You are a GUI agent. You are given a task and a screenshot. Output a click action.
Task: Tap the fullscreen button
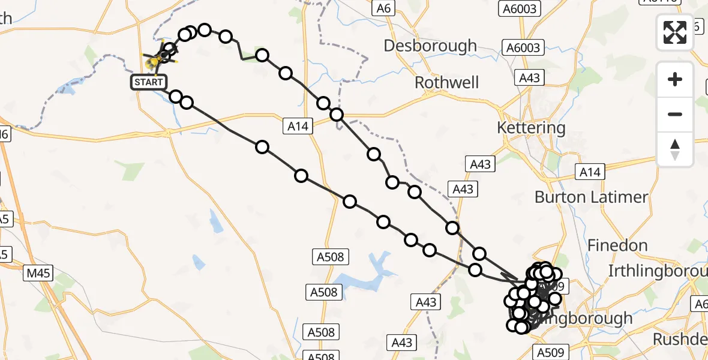(x=675, y=32)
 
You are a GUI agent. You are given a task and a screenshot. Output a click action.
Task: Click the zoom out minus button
(x=675, y=114)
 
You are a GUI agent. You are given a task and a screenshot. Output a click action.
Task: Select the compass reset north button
(x=675, y=149)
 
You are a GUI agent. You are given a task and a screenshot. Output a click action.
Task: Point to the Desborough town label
(x=430, y=46)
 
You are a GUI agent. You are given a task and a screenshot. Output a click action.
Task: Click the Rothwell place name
(x=447, y=82)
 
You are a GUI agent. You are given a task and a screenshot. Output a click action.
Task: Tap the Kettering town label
(x=531, y=128)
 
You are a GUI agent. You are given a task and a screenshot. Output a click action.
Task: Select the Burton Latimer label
(x=591, y=197)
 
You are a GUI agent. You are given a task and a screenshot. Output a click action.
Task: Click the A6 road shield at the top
(x=383, y=8)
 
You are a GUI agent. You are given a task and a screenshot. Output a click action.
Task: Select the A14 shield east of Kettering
(x=590, y=173)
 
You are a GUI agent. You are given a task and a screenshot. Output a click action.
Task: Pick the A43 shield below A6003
(x=529, y=78)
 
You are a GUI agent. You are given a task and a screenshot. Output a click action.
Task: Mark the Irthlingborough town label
(x=658, y=271)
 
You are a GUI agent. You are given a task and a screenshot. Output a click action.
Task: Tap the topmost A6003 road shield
(x=520, y=8)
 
